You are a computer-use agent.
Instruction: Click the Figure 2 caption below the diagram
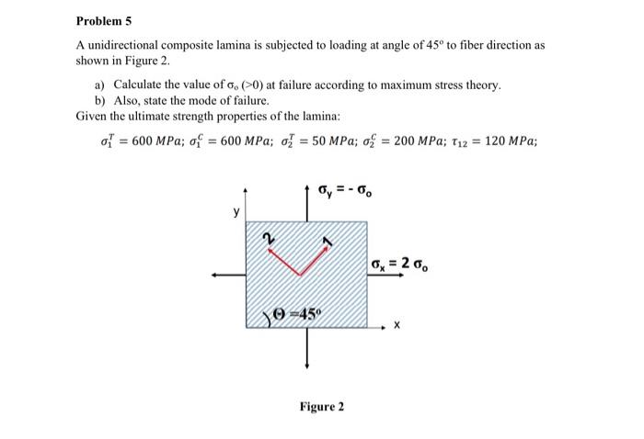(322, 405)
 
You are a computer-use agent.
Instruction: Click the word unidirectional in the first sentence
(125, 44)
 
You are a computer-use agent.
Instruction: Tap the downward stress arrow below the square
(306, 347)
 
